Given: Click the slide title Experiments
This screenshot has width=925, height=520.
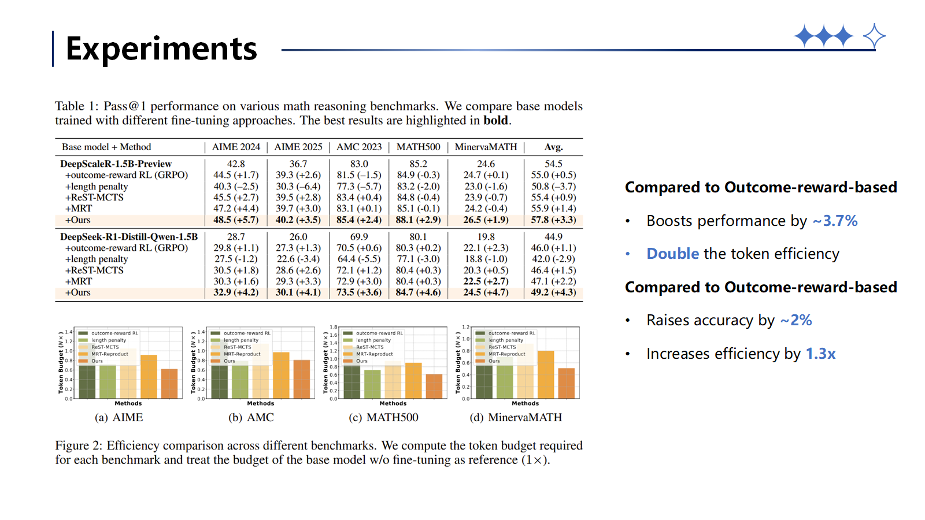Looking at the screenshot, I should point(161,49).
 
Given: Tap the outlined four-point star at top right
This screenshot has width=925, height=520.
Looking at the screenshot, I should point(874,36).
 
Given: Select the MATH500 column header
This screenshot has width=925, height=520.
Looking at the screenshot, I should point(418,147).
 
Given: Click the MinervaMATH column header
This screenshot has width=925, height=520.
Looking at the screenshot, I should point(486,147).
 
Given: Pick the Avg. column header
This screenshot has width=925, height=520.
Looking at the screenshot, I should point(553,147).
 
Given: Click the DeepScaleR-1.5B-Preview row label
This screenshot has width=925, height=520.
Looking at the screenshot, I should point(116,164).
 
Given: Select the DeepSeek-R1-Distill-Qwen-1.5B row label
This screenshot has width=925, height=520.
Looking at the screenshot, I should point(129,237).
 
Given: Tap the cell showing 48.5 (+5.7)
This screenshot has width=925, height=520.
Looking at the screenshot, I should point(236,220).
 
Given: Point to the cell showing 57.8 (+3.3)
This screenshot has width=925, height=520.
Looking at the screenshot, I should point(553,220).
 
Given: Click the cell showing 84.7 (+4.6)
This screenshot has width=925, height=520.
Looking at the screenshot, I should point(418,292).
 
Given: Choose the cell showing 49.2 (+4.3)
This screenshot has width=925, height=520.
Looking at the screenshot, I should point(553,292).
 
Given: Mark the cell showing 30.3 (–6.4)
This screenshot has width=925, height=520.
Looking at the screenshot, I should point(298,186).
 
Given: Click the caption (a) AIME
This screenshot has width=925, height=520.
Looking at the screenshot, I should point(119,417).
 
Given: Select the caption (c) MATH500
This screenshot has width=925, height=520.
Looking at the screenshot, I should point(383,417).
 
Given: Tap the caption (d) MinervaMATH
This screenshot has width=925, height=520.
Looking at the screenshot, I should point(516,417).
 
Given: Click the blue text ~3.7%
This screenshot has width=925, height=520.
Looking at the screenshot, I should point(835,221).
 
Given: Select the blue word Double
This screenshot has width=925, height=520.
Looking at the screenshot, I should point(673,254).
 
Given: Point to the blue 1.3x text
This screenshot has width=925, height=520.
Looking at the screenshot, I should point(820,354).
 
